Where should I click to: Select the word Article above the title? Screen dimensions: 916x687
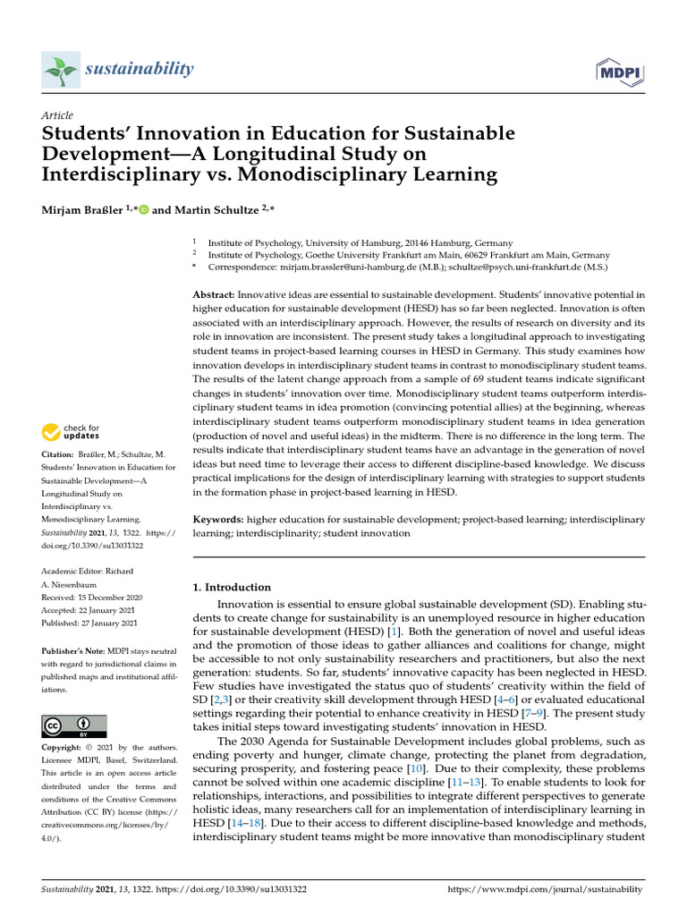point(57,115)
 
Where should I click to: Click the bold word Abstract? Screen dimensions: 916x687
point(215,294)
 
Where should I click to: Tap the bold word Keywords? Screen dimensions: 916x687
point(219,520)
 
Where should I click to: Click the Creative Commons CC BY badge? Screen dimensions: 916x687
point(74,725)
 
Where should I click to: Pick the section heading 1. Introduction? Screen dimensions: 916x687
point(233,588)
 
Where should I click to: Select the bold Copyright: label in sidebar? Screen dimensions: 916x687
point(66,747)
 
